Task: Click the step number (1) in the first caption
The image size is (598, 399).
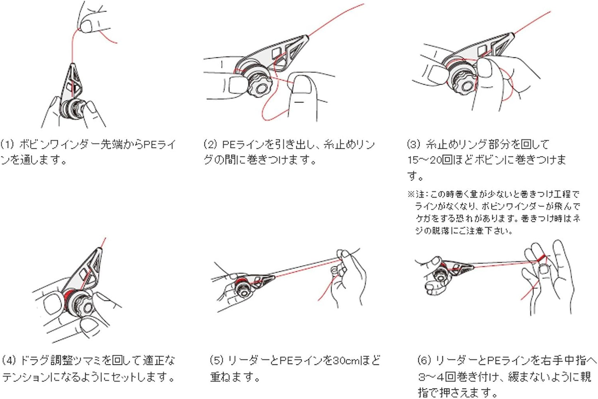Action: pos(7,145)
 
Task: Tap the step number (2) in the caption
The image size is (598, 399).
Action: pos(211,145)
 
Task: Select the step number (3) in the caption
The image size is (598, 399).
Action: pos(414,145)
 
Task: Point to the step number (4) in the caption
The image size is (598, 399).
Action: pos(9,361)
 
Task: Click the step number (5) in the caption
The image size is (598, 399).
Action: pos(216,361)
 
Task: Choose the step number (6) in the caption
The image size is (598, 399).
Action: pos(424,361)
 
